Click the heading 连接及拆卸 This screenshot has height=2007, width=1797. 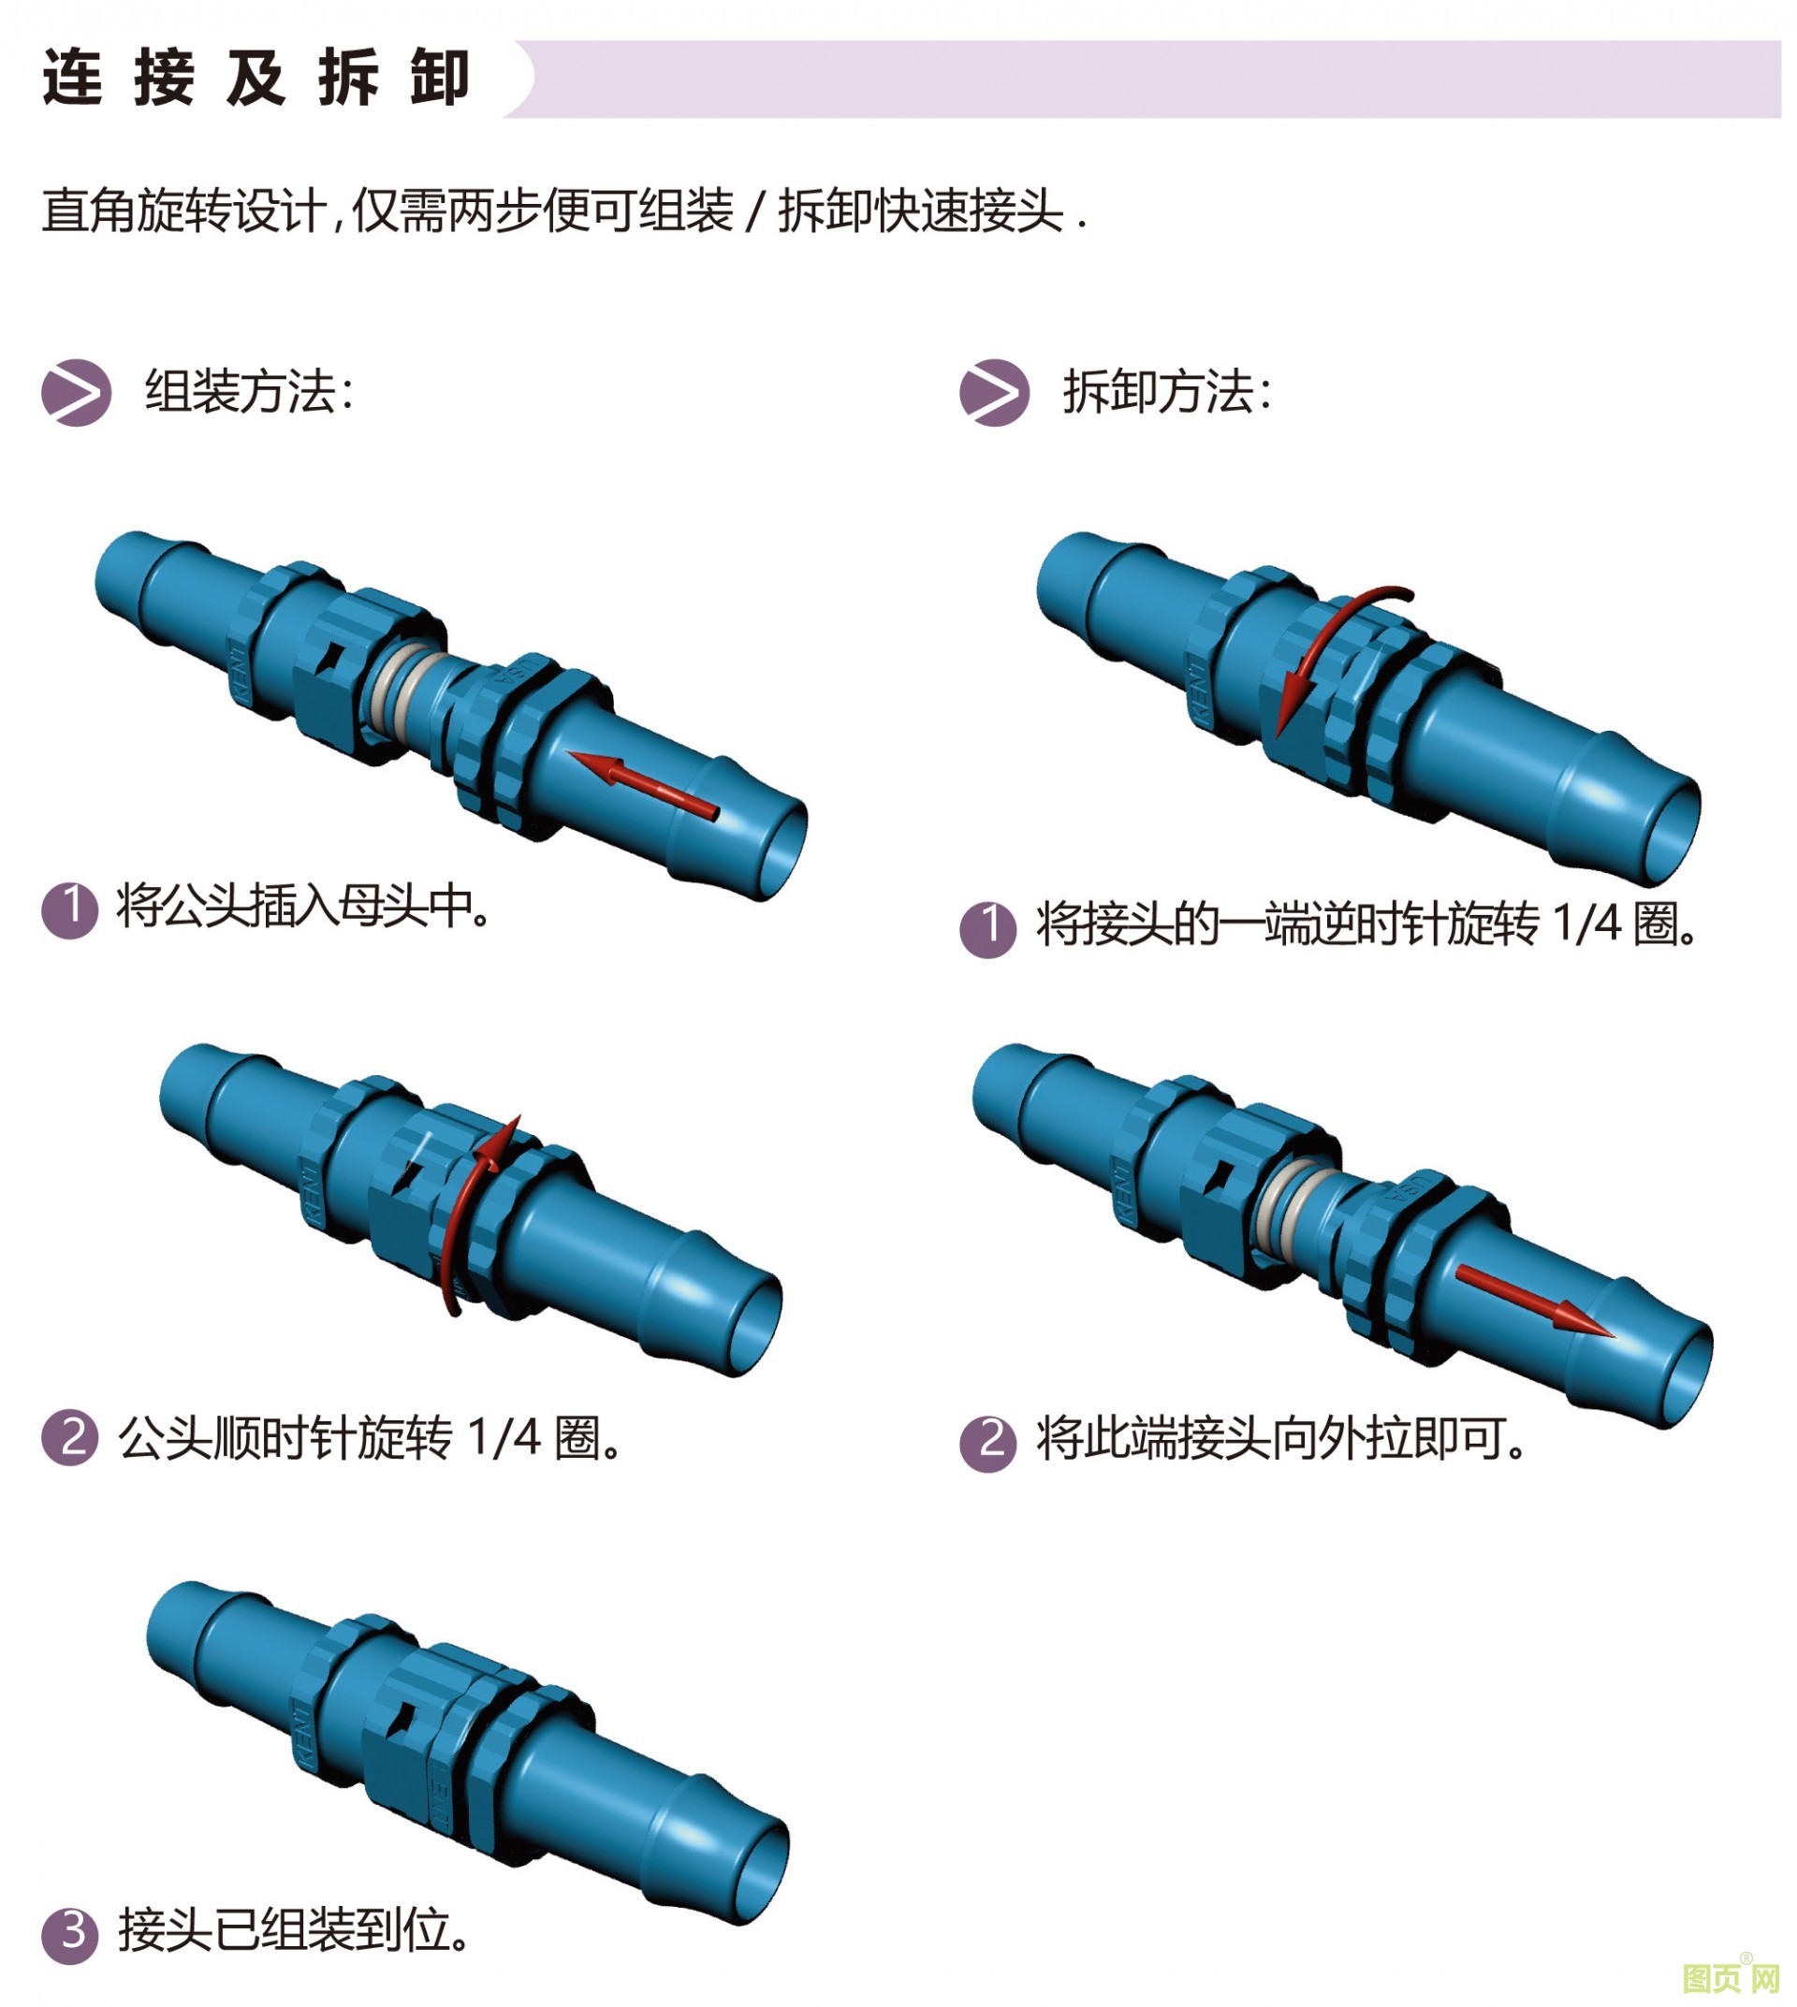click(x=256, y=78)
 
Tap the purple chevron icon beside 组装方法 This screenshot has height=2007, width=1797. click(x=76, y=393)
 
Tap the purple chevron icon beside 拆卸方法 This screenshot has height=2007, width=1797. click(x=994, y=393)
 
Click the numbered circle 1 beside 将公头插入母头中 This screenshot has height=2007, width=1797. click(x=70, y=909)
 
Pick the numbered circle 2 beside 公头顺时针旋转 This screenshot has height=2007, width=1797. click(x=70, y=1437)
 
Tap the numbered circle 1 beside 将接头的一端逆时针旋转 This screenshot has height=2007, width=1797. click(x=988, y=928)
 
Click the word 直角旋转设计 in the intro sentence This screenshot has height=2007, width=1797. click(x=183, y=211)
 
